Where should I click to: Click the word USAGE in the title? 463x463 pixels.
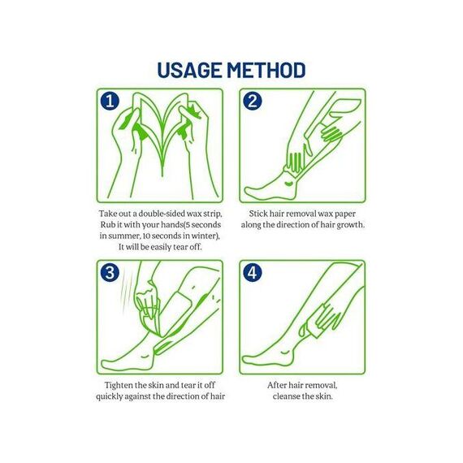(x=189, y=71)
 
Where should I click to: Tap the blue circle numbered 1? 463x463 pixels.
(x=110, y=101)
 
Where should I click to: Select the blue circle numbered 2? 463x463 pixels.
(x=252, y=101)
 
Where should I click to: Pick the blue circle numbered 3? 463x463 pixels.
(x=110, y=272)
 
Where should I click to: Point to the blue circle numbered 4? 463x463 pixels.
(x=252, y=272)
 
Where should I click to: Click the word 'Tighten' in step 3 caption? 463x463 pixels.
(x=119, y=385)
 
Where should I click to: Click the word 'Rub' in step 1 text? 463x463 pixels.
(x=107, y=225)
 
